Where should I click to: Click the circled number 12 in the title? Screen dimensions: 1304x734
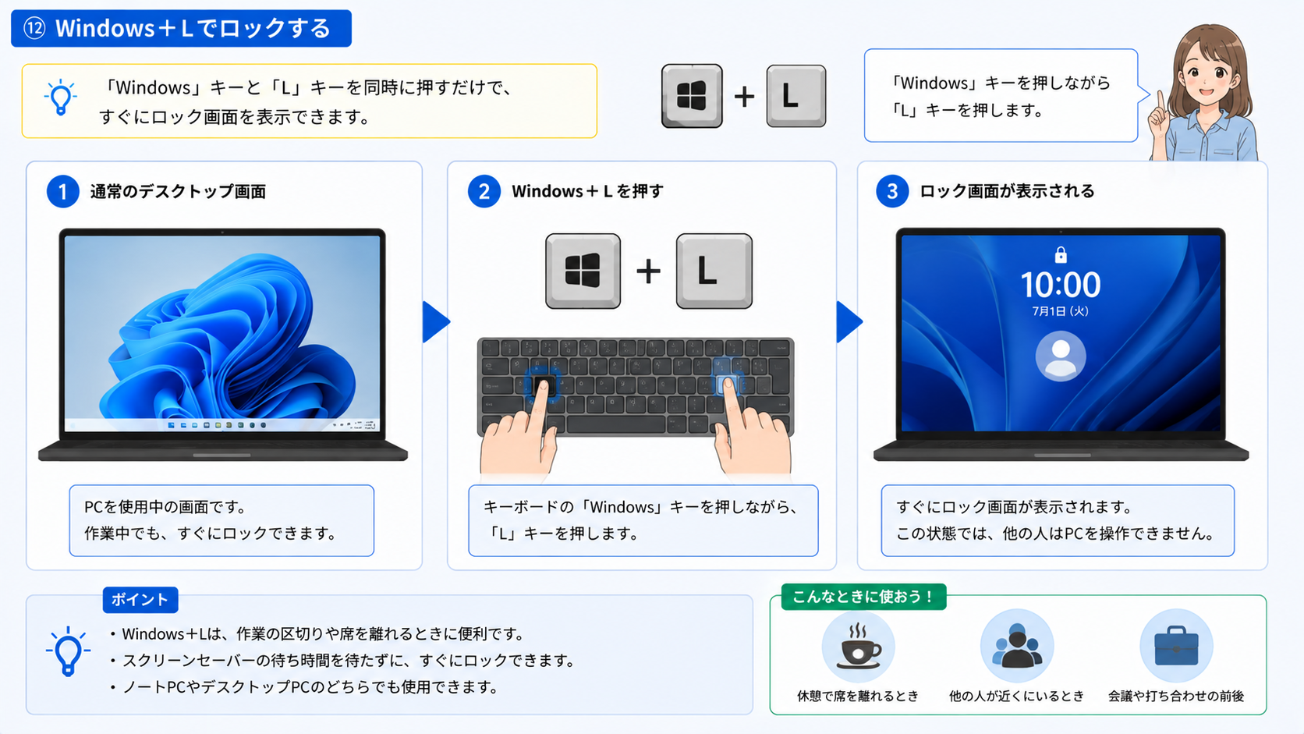click(34, 28)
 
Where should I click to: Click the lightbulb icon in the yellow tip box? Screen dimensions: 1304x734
click(61, 98)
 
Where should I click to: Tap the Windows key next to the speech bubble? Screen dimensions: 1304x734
click(692, 96)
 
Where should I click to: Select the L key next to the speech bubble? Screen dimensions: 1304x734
click(796, 96)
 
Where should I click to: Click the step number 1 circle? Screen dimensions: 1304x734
click(63, 191)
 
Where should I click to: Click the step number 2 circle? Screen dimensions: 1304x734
click(484, 191)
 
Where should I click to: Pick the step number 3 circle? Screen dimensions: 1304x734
click(892, 191)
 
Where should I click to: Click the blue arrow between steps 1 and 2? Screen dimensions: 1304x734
click(435, 321)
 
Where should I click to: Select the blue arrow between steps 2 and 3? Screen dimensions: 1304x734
click(849, 321)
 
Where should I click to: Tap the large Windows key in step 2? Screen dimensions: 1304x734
click(583, 271)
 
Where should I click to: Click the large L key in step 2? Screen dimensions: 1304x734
click(714, 271)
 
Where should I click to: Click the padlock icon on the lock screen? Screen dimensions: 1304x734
click(1061, 254)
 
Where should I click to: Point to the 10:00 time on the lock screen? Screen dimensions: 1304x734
click(1061, 285)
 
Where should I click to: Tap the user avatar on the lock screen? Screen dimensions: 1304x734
click(1061, 356)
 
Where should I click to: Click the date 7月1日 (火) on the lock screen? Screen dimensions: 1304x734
click(1060, 311)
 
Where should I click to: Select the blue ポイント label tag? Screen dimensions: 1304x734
click(140, 600)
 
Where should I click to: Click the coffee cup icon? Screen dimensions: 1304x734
click(858, 647)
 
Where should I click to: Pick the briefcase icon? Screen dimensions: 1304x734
click(1176, 646)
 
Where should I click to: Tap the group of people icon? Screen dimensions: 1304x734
click(1017, 646)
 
